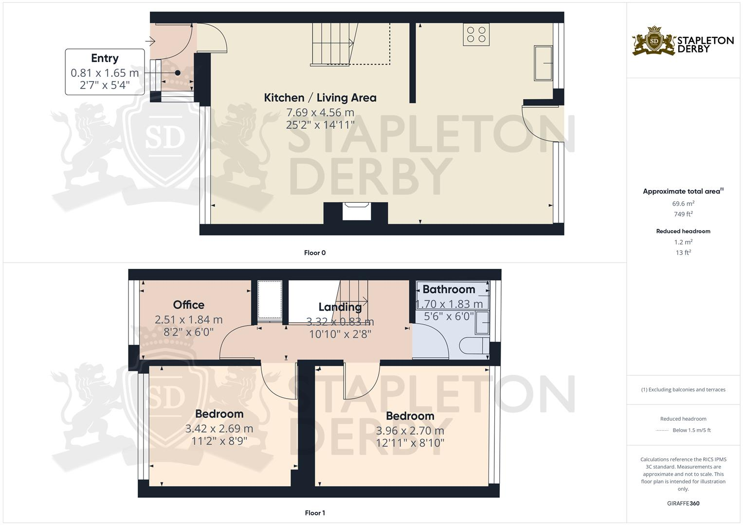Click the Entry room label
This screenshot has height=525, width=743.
click(x=105, y=58)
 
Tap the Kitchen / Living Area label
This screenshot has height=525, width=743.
click(x=320, y=98)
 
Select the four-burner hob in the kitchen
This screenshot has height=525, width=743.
click(x=476, y=35)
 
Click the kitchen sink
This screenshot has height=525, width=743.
click(x=543, y=63)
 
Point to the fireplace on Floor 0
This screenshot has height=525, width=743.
click(x=356, y=212)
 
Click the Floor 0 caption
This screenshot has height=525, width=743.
click(x=315, y=253)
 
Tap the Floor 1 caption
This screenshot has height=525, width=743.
click(x=315, y=513)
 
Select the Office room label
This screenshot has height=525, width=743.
click(x=189, y=305)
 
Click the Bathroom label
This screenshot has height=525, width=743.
click(x=449, y=290)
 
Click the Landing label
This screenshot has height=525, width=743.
click(x=340, y=307)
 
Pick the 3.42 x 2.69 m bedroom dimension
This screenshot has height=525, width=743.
click(x=219, y=429)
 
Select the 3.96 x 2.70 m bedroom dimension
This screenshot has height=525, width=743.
click(x=410, y=431)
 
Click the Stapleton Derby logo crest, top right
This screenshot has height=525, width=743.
click(x=654, y=41)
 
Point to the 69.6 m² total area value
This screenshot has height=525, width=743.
click(x=683, y=204)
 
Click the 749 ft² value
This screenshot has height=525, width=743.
click(x=683, y=214)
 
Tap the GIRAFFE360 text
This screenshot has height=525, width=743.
click(x=683, y=504)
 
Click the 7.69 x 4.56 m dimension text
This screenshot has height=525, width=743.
click(x=320, y=113)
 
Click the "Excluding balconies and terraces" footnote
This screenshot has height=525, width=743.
click(x=683, y=390)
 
